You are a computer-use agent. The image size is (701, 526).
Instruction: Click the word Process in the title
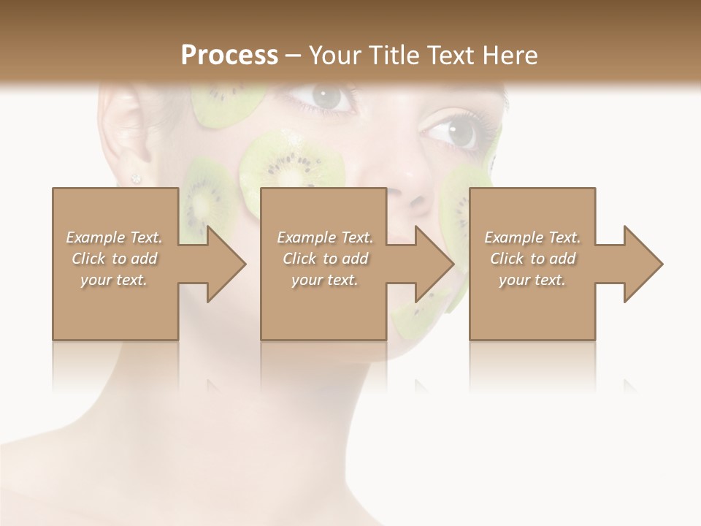[229, 55]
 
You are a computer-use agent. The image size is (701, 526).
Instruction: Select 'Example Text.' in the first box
[114, 237]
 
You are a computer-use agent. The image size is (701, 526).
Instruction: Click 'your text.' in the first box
[114, 279]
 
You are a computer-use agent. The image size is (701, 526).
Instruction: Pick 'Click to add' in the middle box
[325, 259]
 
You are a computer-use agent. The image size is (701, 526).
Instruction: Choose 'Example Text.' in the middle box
[325, 237]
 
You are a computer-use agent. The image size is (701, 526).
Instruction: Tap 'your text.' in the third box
[532, 279]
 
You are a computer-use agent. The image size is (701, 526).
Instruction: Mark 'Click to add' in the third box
[532, 259]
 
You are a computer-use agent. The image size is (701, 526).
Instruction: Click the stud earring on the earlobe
[135, 178]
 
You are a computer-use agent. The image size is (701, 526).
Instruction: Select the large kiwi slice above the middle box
[292, 164]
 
